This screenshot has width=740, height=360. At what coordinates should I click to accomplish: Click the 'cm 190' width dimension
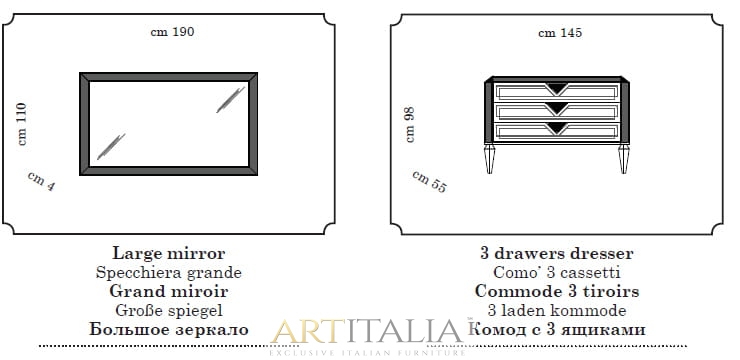(x=172, y=32)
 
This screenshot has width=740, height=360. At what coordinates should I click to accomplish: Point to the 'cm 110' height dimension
(x=22, y=124)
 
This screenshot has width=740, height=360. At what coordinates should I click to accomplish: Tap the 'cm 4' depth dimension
(x=41, y=182)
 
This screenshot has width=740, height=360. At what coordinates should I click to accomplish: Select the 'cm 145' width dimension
(x=560, y=33)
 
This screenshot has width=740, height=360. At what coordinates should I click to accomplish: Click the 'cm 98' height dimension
(x=410, y=125)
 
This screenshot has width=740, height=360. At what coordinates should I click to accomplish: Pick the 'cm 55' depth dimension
(x=429, y=182)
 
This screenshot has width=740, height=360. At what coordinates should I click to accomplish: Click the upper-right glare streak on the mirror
(x=231, y=100)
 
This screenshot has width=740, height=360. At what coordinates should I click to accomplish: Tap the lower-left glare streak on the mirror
(x=111, y=146)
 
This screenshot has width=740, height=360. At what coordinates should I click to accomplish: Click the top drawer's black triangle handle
(x=557, y=88)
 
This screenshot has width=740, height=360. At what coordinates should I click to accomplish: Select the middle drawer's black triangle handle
(x=557, y=109)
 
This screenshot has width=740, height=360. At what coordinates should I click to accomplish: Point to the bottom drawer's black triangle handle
(x=557, y=128)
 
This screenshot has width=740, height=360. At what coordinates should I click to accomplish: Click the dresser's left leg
(x=489, y=159)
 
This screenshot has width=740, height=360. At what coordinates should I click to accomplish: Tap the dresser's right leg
(x=624, y=159)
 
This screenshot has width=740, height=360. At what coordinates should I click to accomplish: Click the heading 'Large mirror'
(x=168, y=253)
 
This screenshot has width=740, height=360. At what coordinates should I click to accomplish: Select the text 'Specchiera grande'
(x=168, y=273)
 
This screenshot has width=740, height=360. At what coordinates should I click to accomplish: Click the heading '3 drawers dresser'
(x=557, y=253)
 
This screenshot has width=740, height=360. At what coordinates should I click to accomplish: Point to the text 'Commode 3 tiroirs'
(x=557, y=291)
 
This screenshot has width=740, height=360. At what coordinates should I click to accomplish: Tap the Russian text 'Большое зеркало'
(x=168, y=329)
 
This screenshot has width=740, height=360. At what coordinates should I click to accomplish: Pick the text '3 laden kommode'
(x=557, y=310)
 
